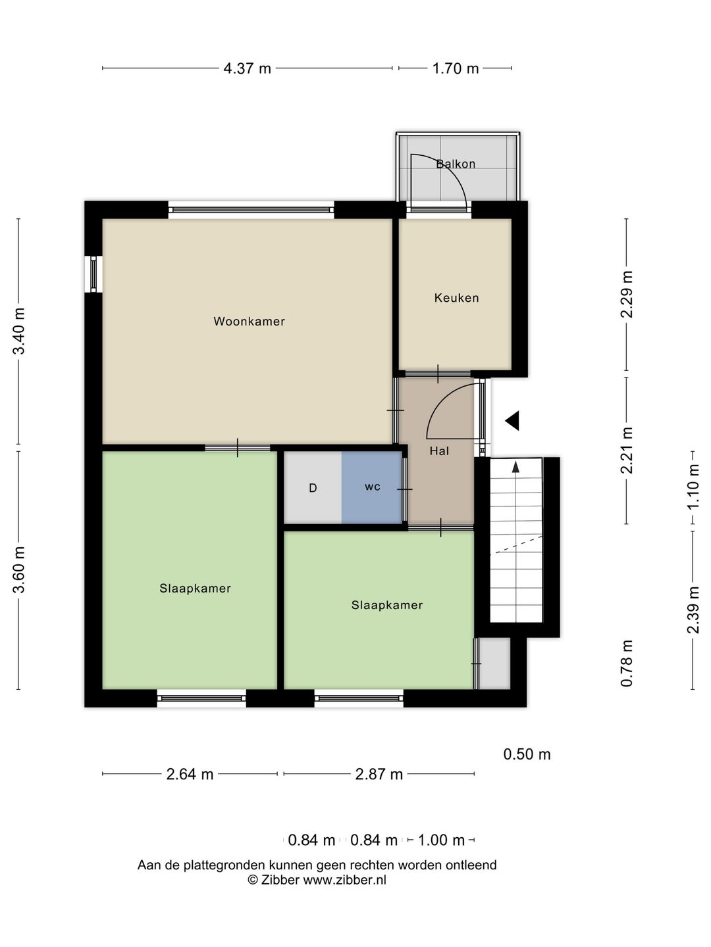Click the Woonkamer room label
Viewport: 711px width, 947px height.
[x=249, y=322]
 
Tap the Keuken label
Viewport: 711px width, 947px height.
[x=456, y=298]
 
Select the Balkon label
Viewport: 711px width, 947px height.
[x=456, y=164]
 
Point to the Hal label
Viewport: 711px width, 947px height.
[x=439, y=451]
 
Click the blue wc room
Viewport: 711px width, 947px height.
[x=372, y=487]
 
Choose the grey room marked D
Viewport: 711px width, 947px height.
[x=313, y=487]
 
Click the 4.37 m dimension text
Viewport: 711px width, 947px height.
[x=247, y=68]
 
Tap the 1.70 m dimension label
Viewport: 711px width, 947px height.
[x=456, y=68]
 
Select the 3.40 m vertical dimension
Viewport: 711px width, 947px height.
[x=19, y=331]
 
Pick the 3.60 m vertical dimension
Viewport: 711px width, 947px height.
[x=19, y=570]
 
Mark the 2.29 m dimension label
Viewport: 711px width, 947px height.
[x=626, y=294]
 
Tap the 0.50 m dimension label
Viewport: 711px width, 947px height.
[x=527, y=754]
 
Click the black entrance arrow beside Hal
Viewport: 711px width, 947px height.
[x=512, y=421]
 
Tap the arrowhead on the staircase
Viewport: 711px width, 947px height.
[x=515, y=466]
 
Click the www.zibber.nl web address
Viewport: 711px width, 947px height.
[x=344, y=880]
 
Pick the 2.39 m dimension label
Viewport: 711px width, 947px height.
[x=693, y=610]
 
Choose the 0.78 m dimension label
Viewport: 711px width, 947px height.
[x=626, y=663]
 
